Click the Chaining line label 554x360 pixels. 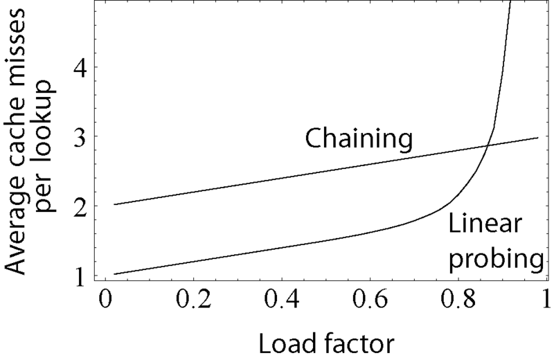(x=359, y=140)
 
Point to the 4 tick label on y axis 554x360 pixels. (x=82, y=67)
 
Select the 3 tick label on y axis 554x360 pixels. (x=82, y=136)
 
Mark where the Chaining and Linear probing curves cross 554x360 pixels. (x=488, y=145)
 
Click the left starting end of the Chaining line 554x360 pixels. (x=114, y=204)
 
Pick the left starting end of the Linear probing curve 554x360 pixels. (x=114, y=273)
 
